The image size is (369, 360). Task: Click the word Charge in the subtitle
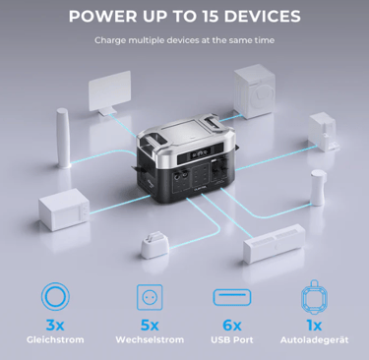point(110,40)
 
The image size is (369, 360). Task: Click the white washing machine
point(255,90)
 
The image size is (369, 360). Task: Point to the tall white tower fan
point(63,139)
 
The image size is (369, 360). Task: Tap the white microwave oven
point(64,209)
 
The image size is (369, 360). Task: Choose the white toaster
point(154,244)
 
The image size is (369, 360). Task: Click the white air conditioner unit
point(275,244)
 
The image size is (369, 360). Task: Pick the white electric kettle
point(318,188)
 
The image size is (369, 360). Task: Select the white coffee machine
point(323,132)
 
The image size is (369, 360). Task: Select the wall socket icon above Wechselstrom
point(150,297)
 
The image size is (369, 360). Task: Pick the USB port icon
point(232,297)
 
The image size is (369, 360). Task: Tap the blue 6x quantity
point(232,326)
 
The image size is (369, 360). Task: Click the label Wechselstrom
point(150,339)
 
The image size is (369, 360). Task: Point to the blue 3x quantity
point(55,326)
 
